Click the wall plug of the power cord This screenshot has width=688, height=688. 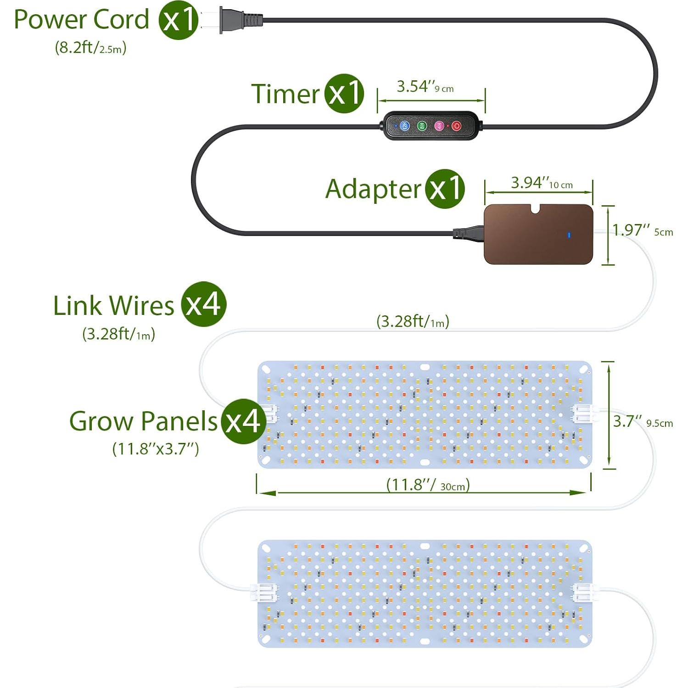click(x=239, y=20)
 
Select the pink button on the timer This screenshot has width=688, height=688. click(x=439, y=125)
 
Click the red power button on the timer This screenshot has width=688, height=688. click(x=456, y=125)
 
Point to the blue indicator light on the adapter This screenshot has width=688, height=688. click(x=569, y=235)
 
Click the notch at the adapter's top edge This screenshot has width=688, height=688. click(x=536, y=209)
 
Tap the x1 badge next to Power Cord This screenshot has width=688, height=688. click(x=179, y=20)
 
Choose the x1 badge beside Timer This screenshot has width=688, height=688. click(x=344, y=93)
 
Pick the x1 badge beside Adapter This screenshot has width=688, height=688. click(x=445, y=189)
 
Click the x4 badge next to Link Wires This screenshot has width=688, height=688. click(x=203, y=304)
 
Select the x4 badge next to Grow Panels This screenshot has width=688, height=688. click(x=243, y=421)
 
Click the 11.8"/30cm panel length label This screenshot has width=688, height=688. click(x=428, y=485)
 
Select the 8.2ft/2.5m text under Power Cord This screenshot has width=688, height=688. click(x=90, y=48)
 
